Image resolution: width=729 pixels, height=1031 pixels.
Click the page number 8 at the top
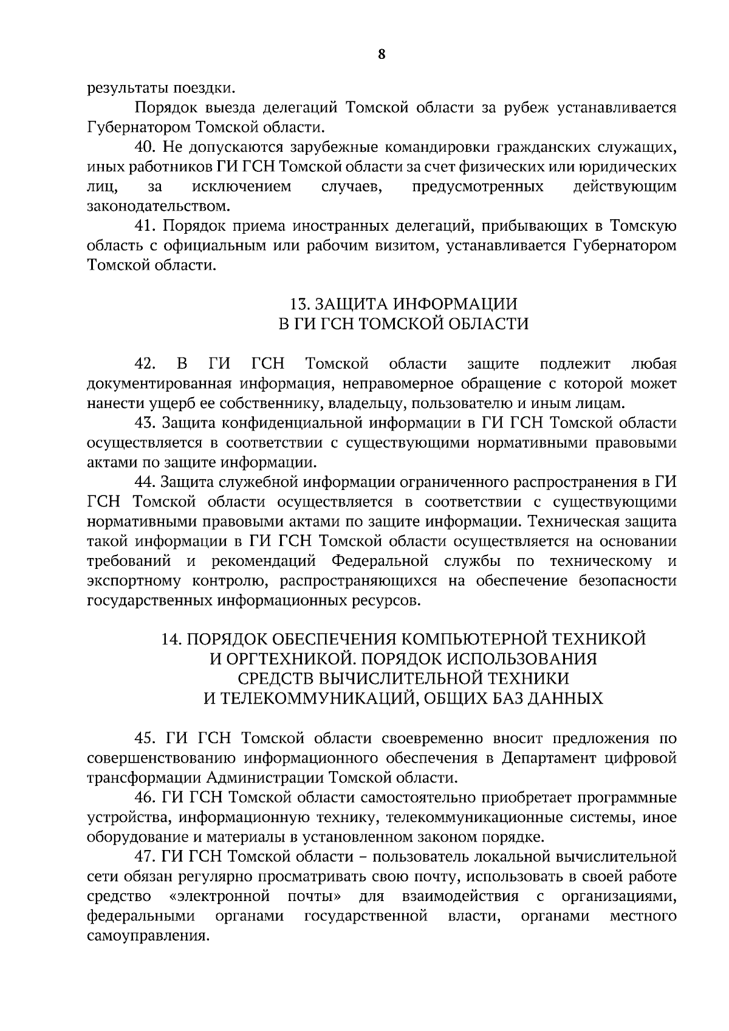[381, 54]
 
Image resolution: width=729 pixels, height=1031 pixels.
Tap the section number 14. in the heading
[172, 639]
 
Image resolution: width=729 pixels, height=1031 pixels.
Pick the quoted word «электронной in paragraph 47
[219, 896]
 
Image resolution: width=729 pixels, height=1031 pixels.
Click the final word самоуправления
[148, 936]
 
